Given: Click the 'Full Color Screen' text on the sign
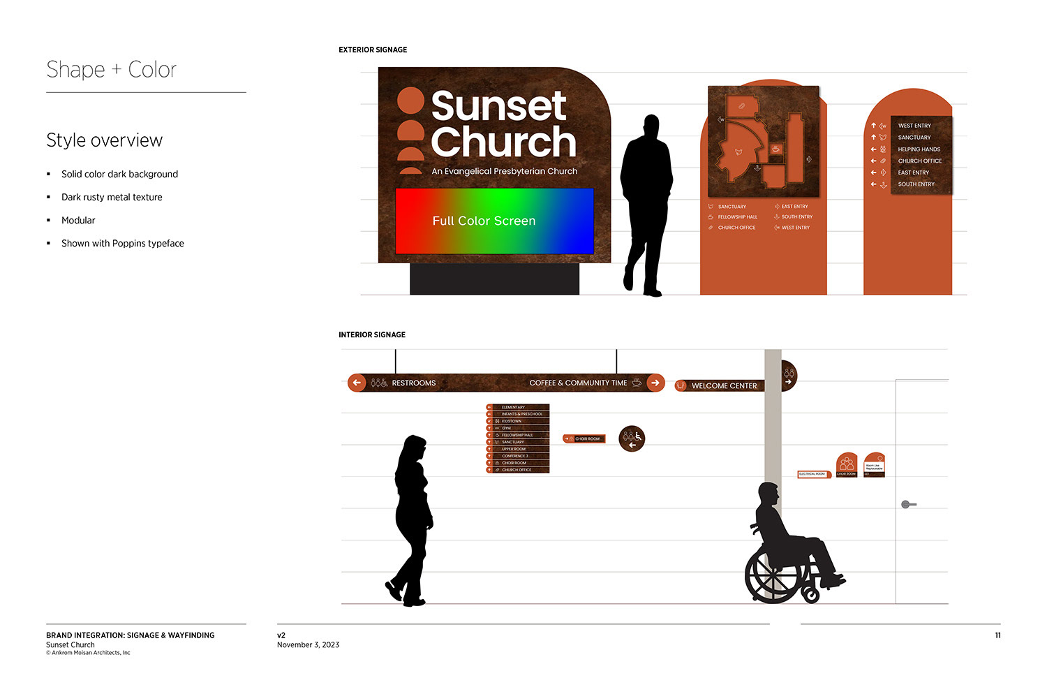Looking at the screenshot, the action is click(484, 221).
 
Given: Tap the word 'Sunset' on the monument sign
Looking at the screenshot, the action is click(498, 106).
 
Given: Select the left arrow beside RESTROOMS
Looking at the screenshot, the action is click(357, 383).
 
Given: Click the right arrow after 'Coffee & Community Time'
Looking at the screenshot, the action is click(655, 383).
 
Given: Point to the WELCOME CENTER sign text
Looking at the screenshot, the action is click(724, 385).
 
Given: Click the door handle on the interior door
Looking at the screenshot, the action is click(907, 504).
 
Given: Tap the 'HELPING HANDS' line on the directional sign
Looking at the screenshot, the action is click(919, 149).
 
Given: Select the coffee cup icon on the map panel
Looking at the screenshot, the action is click(775, 149).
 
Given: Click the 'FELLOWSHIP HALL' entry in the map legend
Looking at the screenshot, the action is click(737, 217).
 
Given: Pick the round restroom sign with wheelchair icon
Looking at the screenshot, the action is click(632, 439).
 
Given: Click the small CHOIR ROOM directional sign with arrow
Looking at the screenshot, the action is click(584, 439).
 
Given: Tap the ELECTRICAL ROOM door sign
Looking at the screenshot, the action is click(812, 474).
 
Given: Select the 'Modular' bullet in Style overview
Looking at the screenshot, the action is click(78, 221).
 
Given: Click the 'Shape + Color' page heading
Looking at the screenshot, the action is click(111, 70).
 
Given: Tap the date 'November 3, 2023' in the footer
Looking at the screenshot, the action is click(308, 645).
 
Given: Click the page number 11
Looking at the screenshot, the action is click(997, 635).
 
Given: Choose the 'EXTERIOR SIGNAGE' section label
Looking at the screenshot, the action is click(373, 50).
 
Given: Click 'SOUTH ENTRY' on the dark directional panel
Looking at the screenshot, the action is click(916, 184).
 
